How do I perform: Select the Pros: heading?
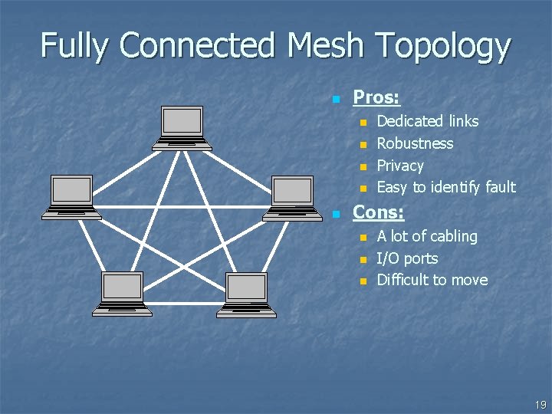[376, 97]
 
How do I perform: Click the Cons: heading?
[378, 212]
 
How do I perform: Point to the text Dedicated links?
[428, 121]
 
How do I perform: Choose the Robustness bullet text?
[415, 143]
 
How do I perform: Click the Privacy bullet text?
[400, 166]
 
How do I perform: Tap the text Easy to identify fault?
[446, 187]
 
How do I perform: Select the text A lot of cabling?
[427, 236]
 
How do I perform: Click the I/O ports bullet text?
[407, 258]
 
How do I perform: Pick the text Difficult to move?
[432, 280]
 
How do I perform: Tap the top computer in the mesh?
[182, 127]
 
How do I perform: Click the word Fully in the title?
[75, 46]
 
